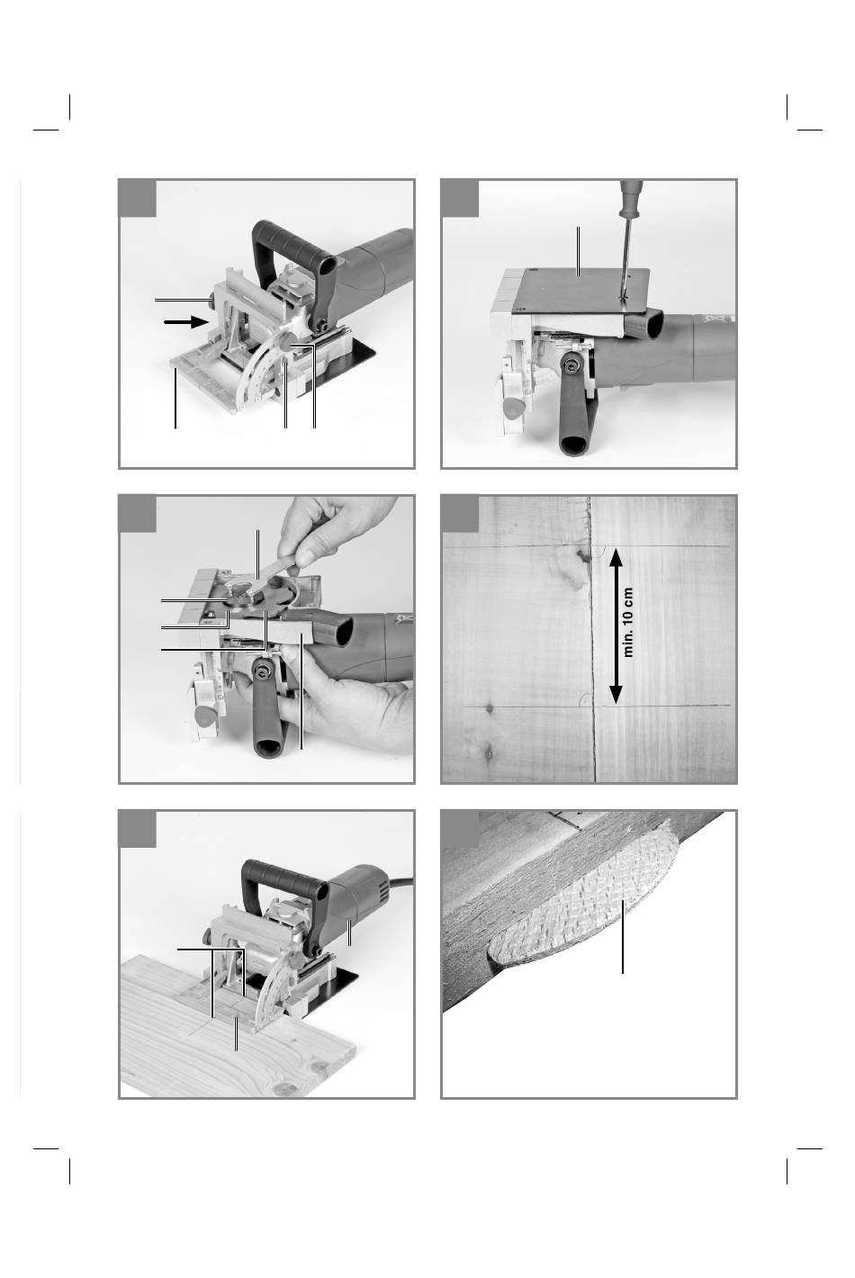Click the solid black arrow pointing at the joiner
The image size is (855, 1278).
186,322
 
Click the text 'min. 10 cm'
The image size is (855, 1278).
628,623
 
